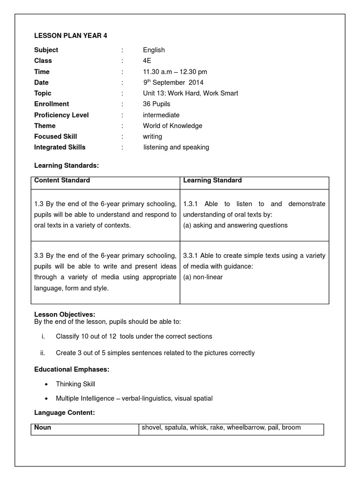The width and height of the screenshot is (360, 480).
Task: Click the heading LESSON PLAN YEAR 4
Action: pyautogui.click(x=71, y=36)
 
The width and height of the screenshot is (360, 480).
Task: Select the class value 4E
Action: pyautogui.click(x=148, y=61)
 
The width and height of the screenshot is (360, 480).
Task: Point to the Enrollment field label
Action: pyautogui.click(x=52, y=104)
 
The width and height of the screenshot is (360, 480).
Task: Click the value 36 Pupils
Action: pyautogui.click(x=157, y=104)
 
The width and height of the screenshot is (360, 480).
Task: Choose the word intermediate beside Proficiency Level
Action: pyautogui.click(x=161, y=115)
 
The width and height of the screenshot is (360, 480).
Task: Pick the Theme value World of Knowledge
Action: pyautogui.click(x=172, y=126)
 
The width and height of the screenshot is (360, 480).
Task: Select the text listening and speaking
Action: pyautogui.click(x=176, y=147)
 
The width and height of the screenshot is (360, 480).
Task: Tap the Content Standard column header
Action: pyautogui.click(x=62, y=180)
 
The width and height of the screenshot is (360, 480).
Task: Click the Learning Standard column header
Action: pyautogui.click(x=212, y=180)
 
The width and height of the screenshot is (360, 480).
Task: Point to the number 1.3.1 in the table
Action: pyautogui.click(x=191, y=204)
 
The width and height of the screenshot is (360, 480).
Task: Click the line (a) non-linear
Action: pyautogui.click(x=203, y=277)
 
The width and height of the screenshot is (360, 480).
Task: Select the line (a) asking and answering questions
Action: pyautogui.click(x=235, y=225)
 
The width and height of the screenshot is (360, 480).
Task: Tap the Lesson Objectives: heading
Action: pyautogui.click(x=65, y=314)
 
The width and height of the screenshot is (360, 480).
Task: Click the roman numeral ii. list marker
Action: pyautogui.click(x=42, y=352)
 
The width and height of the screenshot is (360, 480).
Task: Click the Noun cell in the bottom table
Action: pyautogui.click(x=43, y=427)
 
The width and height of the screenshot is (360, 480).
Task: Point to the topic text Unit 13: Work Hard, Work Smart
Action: pyautogui.click(x=190, y=93)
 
